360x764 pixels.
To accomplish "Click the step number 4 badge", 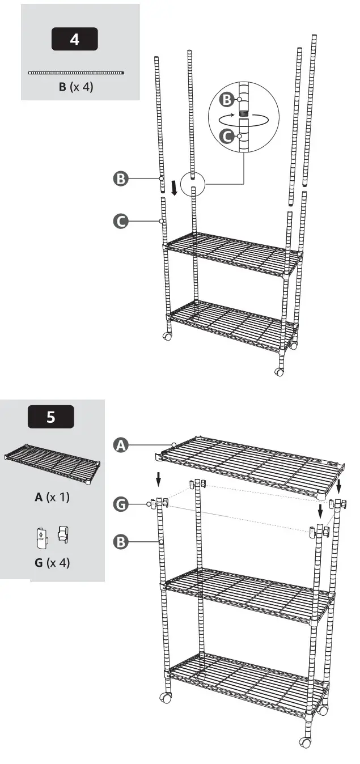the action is pos(74,39).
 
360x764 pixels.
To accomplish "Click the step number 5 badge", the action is pos(50,417).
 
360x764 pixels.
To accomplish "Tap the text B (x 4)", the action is pos(76,87).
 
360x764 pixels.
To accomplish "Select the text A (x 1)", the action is pos(52,497).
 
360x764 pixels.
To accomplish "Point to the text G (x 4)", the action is pos(52,562).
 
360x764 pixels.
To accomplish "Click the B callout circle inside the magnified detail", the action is pos(227,100).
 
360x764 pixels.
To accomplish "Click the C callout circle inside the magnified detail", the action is pos(227,137).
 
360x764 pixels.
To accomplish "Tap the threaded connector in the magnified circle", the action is pos(243,114).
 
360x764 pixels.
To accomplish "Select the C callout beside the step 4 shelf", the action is pos(120,222).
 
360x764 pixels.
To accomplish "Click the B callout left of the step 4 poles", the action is pos(120,179).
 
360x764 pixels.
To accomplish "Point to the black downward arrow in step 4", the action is pos(175,188).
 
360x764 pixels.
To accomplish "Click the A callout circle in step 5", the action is pos(120,445).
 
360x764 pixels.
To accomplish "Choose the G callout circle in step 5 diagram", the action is pos(120,504).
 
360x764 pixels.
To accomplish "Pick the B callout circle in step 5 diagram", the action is pos(120,542).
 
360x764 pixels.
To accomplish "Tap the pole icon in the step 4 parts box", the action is pos(76,73).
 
